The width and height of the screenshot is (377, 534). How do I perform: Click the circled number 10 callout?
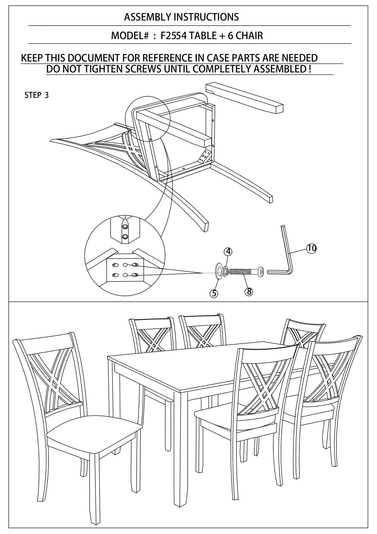tap(311, 248)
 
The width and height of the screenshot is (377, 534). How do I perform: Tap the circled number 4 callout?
tap(228, 251)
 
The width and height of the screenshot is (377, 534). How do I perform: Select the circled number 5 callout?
tap(214, 293)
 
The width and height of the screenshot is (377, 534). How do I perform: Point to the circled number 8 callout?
tap(249, 291)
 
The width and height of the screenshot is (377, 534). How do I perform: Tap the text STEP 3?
tap(37, 95)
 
